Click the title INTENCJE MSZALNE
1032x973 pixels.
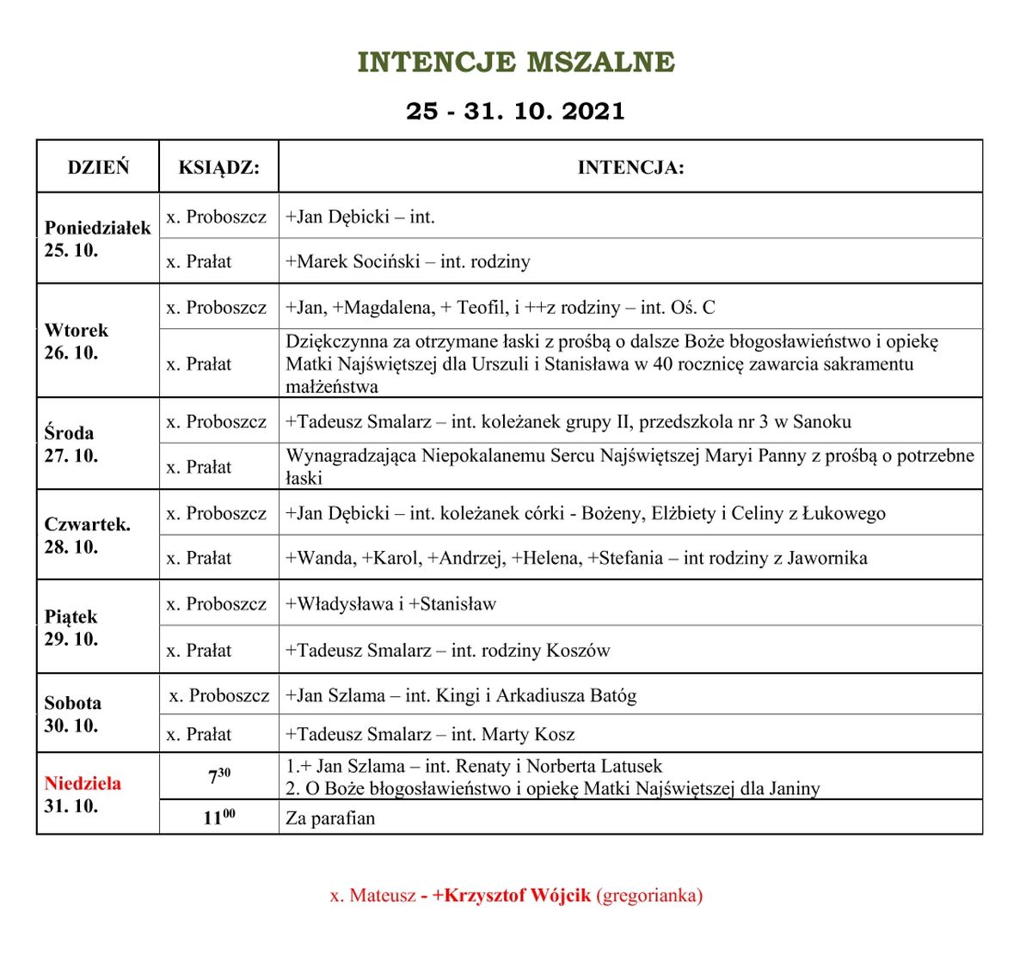point(516,63)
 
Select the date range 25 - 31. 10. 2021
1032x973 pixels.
point(516,112)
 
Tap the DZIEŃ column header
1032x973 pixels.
point(98,167)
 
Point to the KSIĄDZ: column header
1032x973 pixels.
point(218,167)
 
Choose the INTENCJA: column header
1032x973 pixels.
point(630,167)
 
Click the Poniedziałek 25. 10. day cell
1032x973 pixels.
point(97,239)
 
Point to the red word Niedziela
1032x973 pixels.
point(83,783)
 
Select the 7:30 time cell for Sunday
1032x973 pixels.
point(219,776)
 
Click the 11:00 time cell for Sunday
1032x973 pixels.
point(219,817)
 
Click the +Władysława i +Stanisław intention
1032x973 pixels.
point(391,604)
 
